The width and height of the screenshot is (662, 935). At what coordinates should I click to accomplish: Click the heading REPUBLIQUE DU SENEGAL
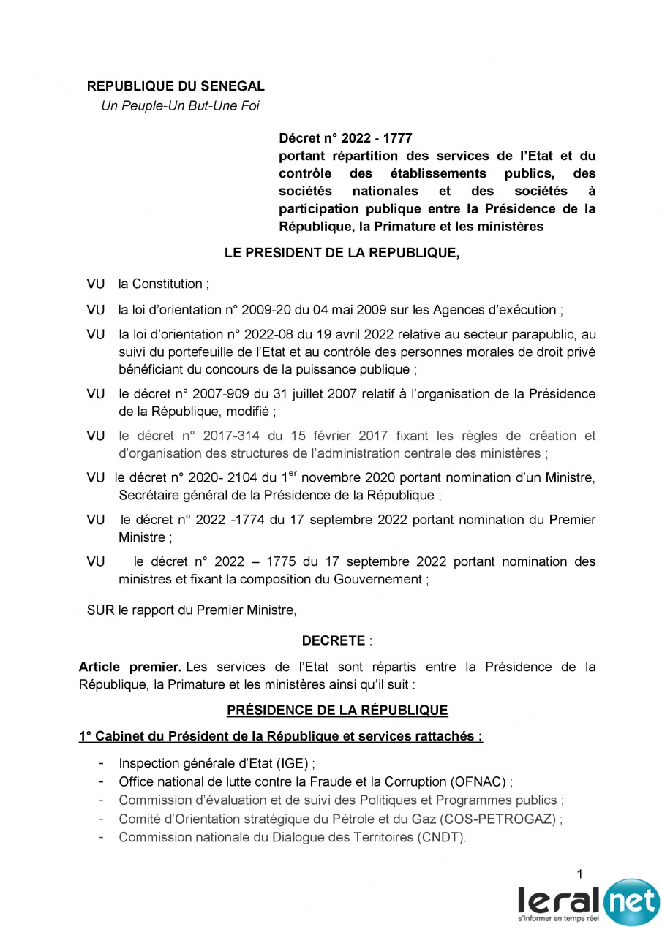(176, 86)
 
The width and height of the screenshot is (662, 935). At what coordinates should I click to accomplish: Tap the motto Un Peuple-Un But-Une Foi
(180, 106)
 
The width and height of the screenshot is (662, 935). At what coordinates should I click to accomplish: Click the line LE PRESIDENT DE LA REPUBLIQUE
(342, 254)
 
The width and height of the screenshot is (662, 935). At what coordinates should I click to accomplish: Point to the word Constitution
(168, 284)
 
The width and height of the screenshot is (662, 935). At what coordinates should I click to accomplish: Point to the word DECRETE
(334, 641)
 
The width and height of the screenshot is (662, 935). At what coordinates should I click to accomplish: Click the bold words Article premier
(130, 667)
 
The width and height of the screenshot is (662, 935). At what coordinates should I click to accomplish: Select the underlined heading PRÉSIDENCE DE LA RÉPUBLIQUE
(337, 710)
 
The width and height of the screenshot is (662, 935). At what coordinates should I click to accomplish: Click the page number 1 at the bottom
(579, 874)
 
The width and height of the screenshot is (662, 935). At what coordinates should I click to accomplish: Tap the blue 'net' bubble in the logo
(631, 901)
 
